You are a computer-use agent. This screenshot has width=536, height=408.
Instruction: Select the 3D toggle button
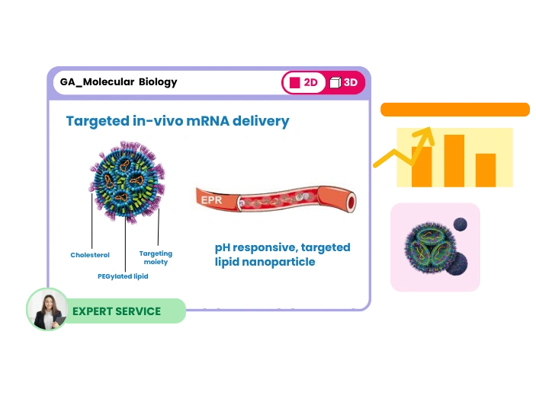coord(344,82)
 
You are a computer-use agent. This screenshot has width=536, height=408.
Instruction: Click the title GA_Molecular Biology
coord(118,81)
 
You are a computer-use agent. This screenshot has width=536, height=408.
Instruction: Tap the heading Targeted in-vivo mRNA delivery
coord(177,121)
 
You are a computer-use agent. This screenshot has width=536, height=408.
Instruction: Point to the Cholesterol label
coord(90,255)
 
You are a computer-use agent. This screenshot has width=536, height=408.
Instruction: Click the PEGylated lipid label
coord(123,276)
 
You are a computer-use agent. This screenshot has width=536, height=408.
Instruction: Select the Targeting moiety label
coord(156,257)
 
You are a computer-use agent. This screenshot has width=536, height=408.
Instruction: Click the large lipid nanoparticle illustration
coord(124,181)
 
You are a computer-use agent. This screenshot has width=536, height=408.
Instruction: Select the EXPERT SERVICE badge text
coord(117,311)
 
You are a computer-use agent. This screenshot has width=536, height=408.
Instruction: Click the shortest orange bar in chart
coord(486,170)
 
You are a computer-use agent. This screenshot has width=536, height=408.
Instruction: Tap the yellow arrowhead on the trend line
coord(424,136)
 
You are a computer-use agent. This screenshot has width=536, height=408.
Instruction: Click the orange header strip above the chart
coord(454,109)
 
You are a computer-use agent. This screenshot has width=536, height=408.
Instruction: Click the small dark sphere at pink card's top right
coord(461,225)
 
